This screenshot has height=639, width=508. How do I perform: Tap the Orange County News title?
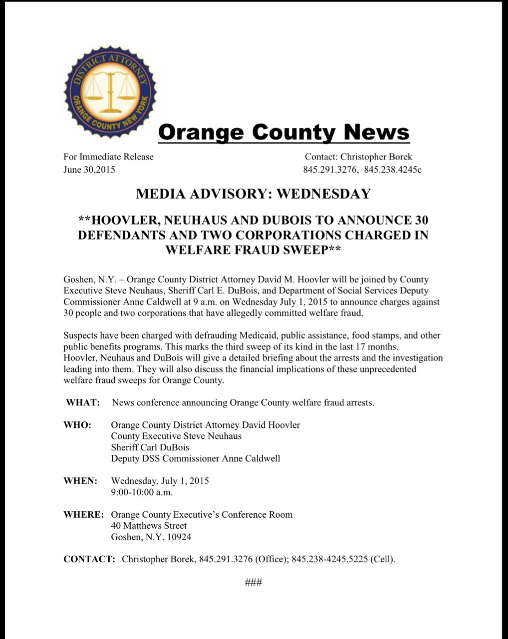click(x=283, y=132)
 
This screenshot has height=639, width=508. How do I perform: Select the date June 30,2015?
click(x=89, y=170)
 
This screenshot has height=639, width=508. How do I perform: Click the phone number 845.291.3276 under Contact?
click(x=330, y=170)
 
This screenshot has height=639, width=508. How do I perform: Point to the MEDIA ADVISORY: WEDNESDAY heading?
click(x=253, y=194)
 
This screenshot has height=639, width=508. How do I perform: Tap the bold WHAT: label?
click(x=83, y=402)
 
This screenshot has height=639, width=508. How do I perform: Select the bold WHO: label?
click(x=77, y=425)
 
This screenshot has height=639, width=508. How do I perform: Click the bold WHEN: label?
click(x=80, y=481)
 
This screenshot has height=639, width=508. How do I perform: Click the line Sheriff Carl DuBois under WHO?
click(x=150, y=447)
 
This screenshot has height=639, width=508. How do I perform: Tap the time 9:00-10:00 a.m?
click(x=142, y=492)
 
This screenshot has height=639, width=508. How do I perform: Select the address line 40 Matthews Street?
click(x=149, y=526)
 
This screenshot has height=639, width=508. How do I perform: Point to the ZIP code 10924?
click(x=179, y=537)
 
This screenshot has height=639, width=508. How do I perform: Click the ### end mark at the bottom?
click(x=254, y=582)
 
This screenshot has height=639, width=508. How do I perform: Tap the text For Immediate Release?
click(x=108, y=157)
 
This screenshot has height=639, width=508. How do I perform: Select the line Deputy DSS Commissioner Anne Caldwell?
click(x=195, y=458)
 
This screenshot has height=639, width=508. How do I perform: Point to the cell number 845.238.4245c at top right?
click(x=393, y=170)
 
